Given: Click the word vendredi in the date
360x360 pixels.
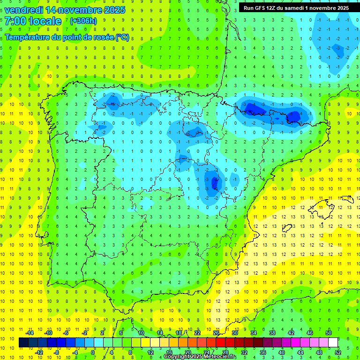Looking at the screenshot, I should pos(24,10).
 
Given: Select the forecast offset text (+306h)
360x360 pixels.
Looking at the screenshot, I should pos(83,21).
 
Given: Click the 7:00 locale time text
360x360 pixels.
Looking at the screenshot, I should pos(33,21).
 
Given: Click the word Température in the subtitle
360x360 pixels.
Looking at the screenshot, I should pos(29,37).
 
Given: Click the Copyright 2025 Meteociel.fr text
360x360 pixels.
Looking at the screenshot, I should pos(200,357).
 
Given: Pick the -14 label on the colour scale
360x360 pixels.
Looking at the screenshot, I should pos(30,333).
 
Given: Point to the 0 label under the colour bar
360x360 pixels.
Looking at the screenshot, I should pos(93,352).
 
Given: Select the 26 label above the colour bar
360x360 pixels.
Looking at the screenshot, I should pos(216,333).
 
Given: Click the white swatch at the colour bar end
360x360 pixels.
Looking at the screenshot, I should pos(333,343).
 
